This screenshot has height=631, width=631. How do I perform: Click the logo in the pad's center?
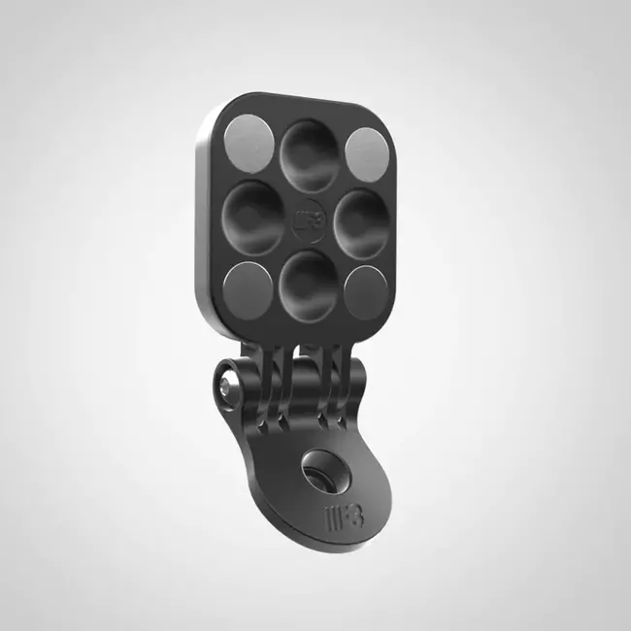305,216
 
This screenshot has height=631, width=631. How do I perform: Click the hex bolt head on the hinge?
225,386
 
